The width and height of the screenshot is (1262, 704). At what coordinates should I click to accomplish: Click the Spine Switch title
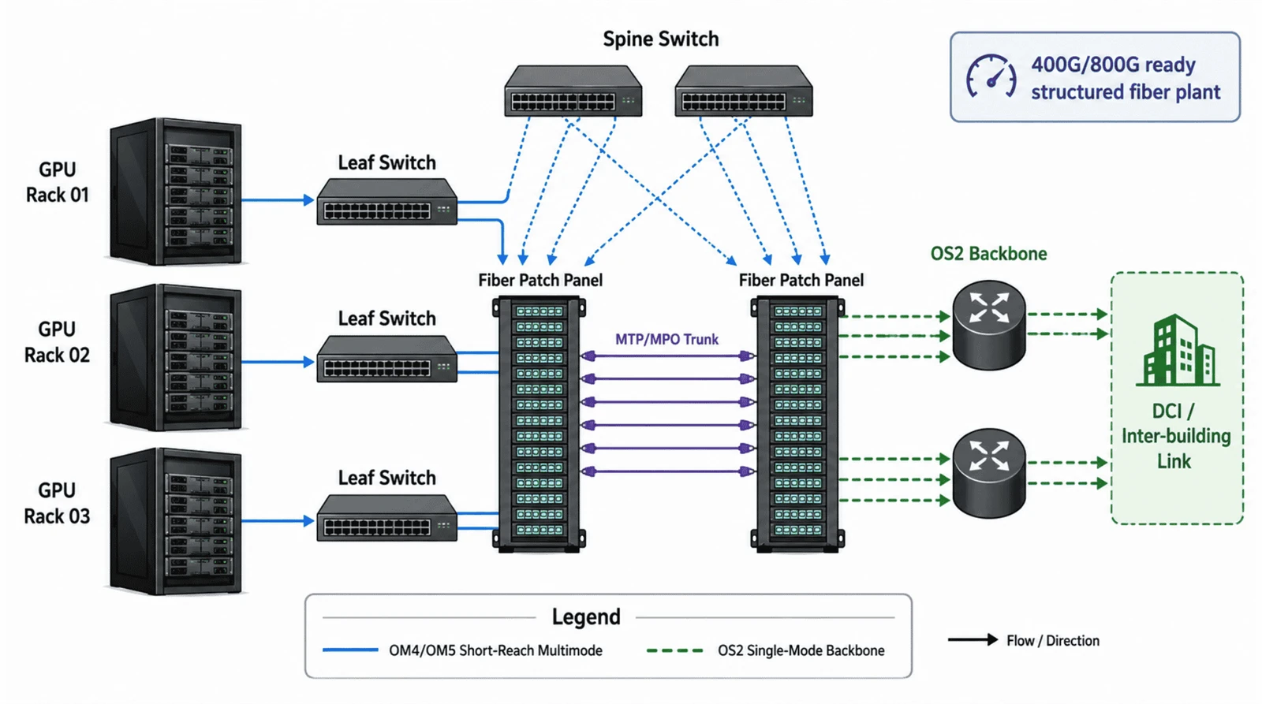pyautogui.click(x=660, y=39)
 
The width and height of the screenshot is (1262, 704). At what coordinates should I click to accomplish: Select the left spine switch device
pyautogui.click(x=573, y=91)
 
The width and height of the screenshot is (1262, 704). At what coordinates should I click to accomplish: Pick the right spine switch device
pyautogui.click(x=744, y=91)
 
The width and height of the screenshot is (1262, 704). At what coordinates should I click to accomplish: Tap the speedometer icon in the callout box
pyautogui.click(x=991, y=77)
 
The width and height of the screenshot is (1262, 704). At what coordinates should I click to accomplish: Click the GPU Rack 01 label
pyautogui.click(x=57, y=182)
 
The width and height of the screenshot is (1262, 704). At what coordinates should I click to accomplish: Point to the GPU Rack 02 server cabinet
pyautogui.click(x=176, y=357)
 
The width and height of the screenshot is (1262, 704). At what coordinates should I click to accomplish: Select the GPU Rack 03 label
pyautogui.click(x=57, y=503)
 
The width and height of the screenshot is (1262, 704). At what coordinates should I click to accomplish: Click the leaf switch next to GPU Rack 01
pyautogui.click(x=387, y=202)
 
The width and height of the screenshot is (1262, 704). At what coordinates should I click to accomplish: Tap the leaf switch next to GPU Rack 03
pyautogui.click(x=387, y=518)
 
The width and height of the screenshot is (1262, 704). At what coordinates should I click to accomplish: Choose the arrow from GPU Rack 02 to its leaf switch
pyautogui.click(x=278, y=362)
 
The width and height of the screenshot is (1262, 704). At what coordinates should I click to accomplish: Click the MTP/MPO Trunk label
pyautogui.click(x=666, y=339)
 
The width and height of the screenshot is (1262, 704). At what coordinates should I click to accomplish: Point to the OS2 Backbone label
pyautogui.click(x=989, y=253)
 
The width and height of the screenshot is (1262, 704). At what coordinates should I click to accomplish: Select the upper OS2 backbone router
pyautogui.click(x=989, y=325)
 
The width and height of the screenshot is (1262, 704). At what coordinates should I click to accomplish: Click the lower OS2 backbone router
pyautogui.click(x=989, y=473)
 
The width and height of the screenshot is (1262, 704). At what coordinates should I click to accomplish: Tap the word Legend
pyautogui.click(x=586, y=616)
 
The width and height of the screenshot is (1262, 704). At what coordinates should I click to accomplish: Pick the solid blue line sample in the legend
pyautogui.click(x=350, y=650)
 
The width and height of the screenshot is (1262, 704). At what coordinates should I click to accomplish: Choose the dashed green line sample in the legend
pyautogui.click(x=674, y=650)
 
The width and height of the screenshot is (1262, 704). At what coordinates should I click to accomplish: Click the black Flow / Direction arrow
pyautogui.click(x=973, y=640)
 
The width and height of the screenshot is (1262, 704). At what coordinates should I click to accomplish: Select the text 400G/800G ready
pyautogui.click(x=1113, y=65)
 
